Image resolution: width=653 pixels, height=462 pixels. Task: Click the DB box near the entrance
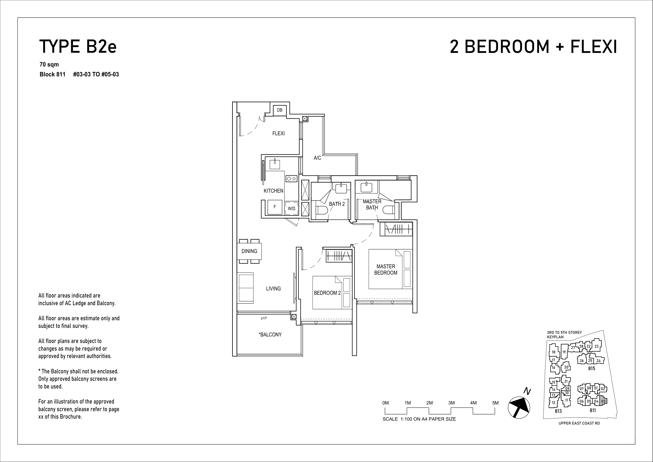click(280, 110)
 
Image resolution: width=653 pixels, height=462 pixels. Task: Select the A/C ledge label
click(317, 158)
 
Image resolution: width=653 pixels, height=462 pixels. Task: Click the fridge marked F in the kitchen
click(275, 207)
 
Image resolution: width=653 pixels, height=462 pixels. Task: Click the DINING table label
click(249, 251)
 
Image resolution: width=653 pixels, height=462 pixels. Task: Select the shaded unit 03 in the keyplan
click(603, 401)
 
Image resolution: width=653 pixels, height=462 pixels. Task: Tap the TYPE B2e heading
click(78, 47)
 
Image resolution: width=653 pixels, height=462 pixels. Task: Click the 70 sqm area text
click(49, 65)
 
